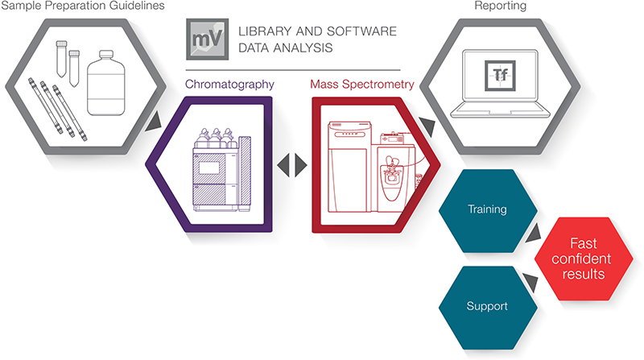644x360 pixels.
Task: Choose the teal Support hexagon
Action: [x=487, y=307]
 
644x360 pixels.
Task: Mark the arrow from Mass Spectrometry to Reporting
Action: [x=426, y=126]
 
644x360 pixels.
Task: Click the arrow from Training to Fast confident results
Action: [x=535, y=234]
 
